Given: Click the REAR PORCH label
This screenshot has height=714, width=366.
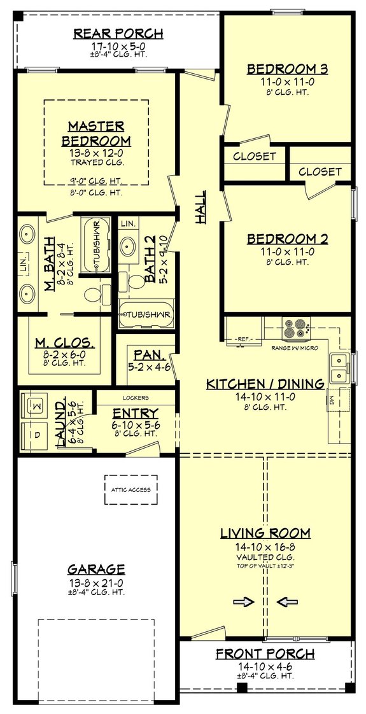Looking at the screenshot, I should [x=118, y=34].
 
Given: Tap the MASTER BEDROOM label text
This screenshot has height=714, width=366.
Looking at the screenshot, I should [x=97, y=133].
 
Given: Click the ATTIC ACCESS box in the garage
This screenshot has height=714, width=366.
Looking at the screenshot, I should [x=130, y=489].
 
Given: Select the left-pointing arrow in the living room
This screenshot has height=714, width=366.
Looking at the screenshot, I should [x=285, y=600].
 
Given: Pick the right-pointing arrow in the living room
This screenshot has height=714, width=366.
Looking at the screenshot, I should [x=244, y=600].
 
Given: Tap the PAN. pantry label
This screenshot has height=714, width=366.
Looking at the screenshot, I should [x=146, y=354].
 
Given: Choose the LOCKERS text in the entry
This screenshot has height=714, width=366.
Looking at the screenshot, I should [x=135, y=396].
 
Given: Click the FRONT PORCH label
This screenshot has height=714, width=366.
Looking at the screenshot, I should [x=265, y=654].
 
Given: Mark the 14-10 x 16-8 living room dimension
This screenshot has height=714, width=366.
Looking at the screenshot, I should [x=265, y=546].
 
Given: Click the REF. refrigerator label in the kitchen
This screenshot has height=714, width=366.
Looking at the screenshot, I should [x=243, y=340].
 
